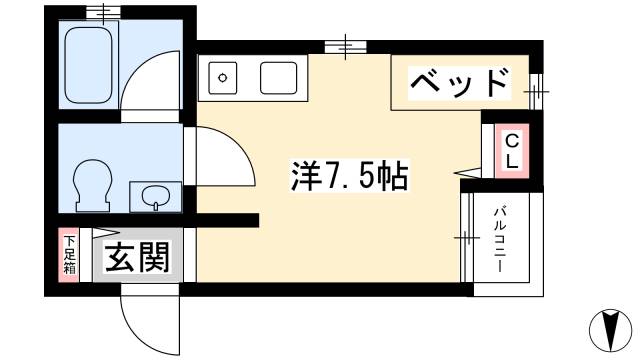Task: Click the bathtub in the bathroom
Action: (89, 65)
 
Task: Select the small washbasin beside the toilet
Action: (153, 196)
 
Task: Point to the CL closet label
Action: (510, 151)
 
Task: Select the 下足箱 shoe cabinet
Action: (70, 257)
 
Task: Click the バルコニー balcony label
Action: (498, 240)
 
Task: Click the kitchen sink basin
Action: (280, 78)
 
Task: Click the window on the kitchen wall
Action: (345, 45)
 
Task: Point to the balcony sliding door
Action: (466, 237)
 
